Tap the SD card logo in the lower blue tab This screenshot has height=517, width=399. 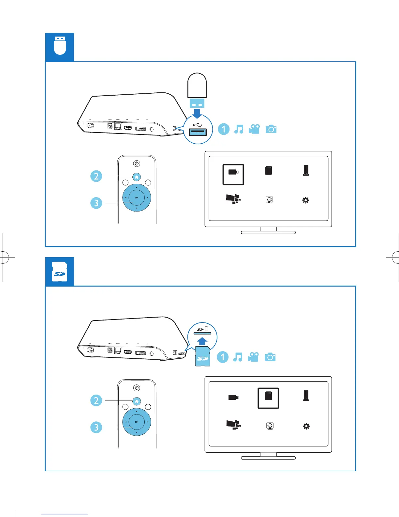(x=60, y=271)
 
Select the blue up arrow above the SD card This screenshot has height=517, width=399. (x=202, y=341)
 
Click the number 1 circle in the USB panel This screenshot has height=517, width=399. (x=224, y=129)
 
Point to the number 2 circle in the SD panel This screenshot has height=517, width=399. (x=96, y=400)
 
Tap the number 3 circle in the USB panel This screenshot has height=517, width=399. (x=96, y=203)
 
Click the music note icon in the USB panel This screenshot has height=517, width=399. (x=239, y=129)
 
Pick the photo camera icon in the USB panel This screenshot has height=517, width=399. (x=271, y=129)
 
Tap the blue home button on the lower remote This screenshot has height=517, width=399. (x=137, y=401)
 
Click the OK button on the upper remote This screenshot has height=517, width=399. (x=137, y=197)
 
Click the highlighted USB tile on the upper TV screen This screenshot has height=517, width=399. (x=233, y=174)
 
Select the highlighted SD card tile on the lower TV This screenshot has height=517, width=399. (x=268, y=398)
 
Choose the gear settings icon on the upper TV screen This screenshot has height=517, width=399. (x=305, y=200)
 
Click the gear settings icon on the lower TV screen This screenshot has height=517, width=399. (x=306, y=426)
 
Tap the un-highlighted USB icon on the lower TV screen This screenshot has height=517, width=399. (x=233, y=397)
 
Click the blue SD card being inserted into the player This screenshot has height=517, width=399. (x=202, y=358)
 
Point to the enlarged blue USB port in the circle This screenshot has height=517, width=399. (x=198, y=132)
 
